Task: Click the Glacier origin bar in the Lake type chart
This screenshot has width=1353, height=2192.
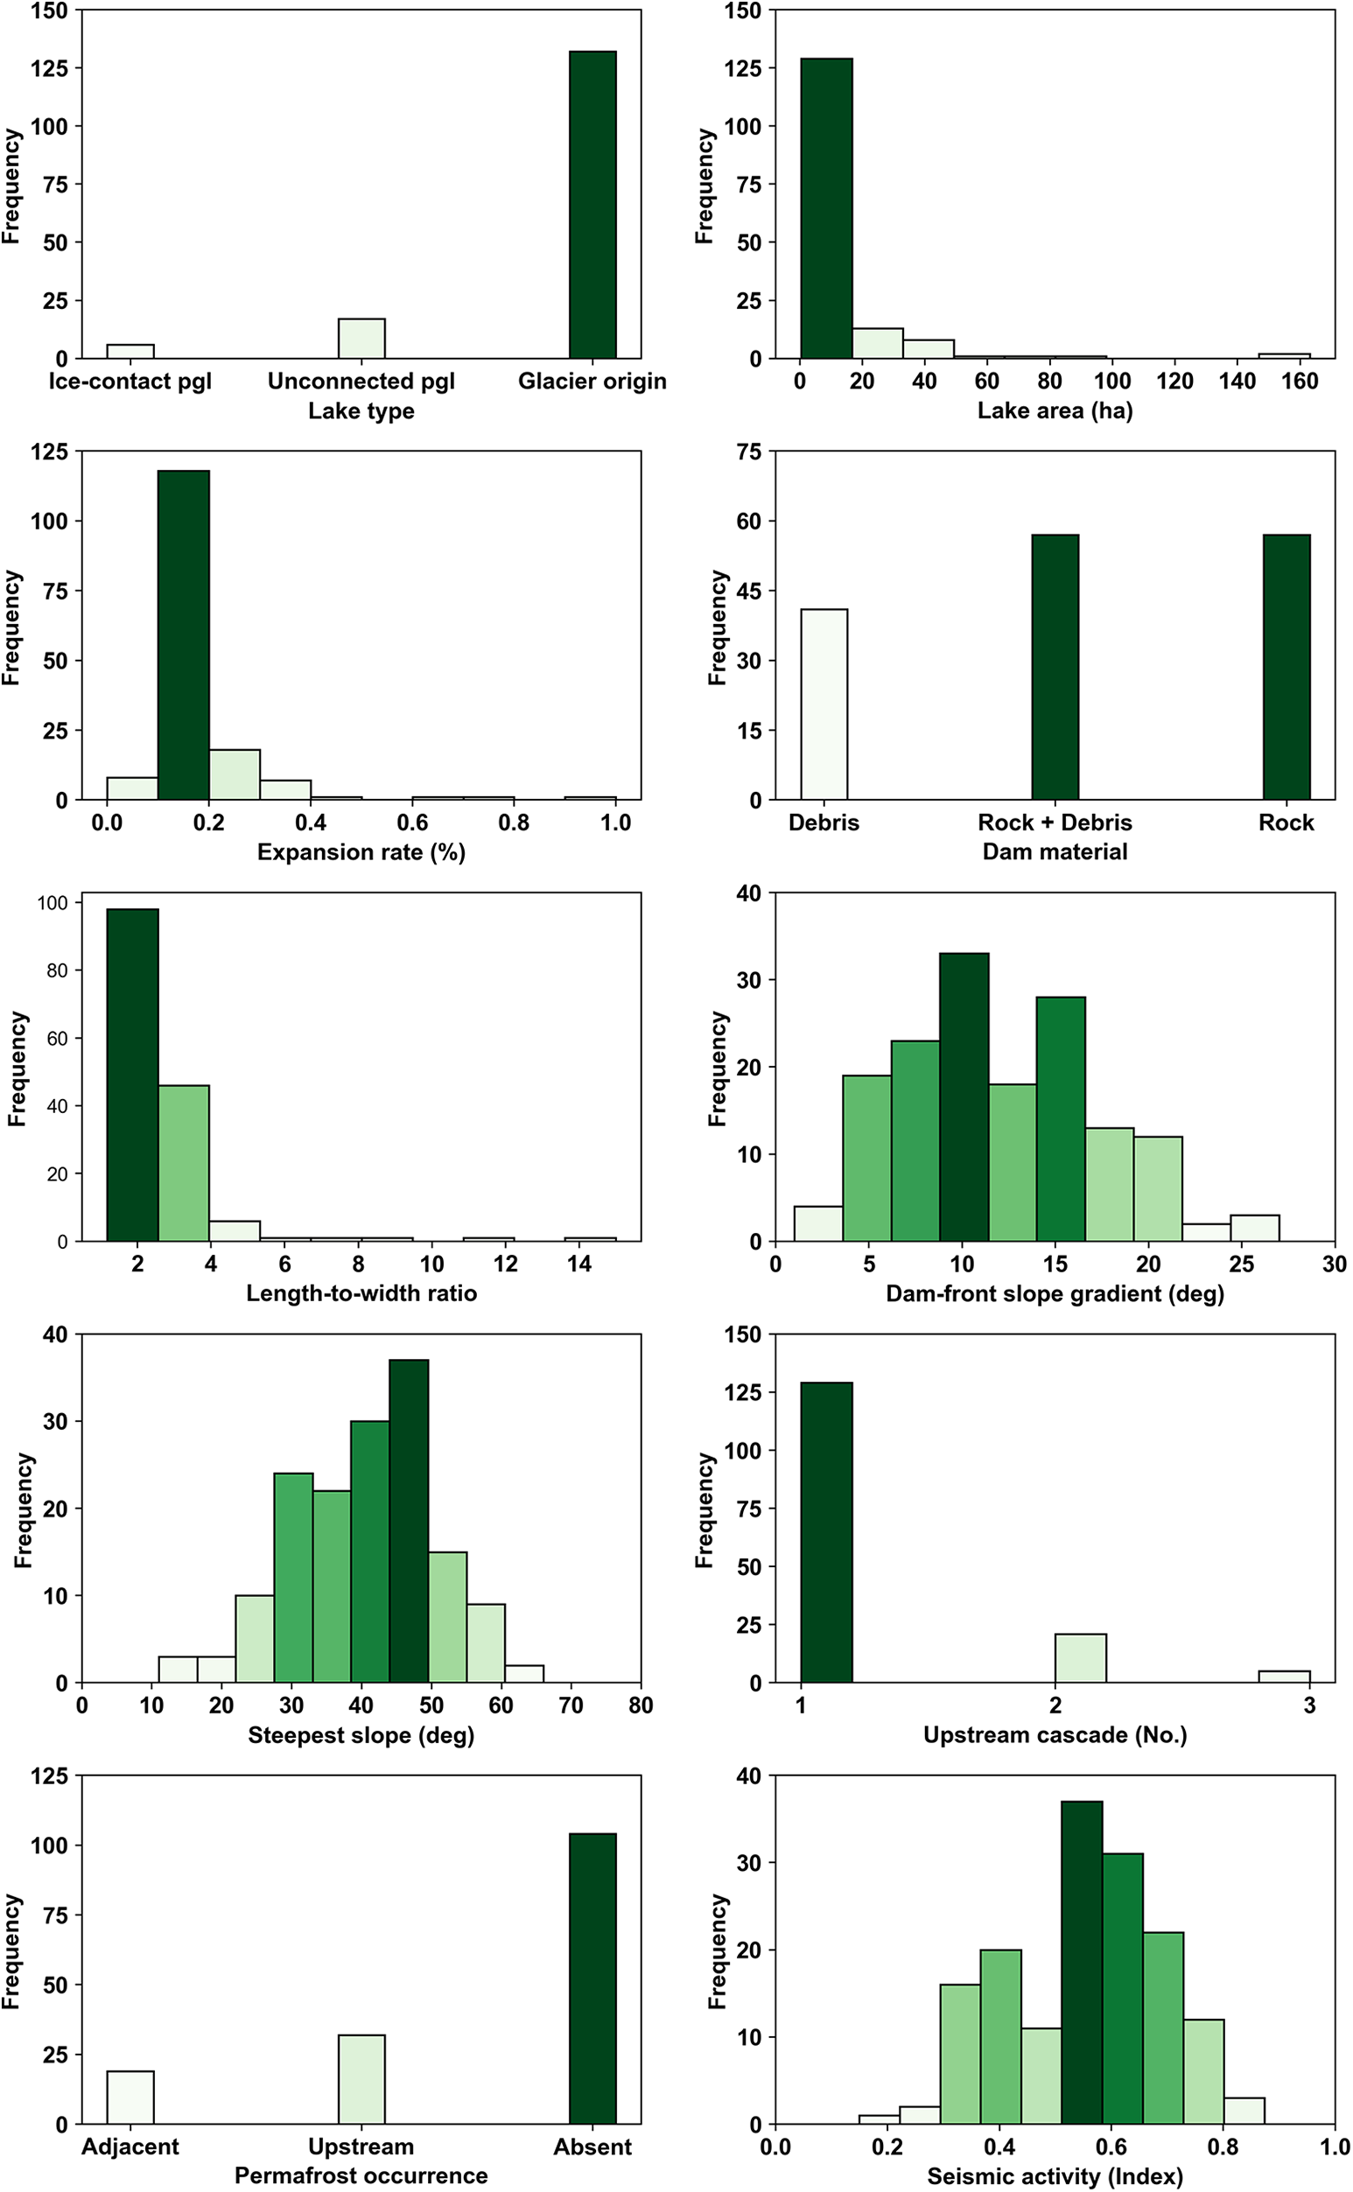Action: tap(592, 205)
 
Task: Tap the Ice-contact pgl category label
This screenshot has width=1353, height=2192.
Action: tap(130, 382)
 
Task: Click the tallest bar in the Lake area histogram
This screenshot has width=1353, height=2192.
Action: tap(826, 208)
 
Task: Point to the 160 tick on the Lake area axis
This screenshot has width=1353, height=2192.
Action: tap(1300, 382)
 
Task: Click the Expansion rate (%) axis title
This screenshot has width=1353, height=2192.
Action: tap(361, 851)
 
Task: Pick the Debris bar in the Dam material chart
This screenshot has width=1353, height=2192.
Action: tap(824, 704)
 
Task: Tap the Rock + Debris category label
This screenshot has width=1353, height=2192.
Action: tap(1055, 823)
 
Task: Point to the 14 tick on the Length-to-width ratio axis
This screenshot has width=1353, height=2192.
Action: tap(579, 1264)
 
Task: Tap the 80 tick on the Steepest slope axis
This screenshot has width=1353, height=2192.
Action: tap(641, 1705)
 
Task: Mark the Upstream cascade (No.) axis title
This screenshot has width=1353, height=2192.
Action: tap(1055, 1735)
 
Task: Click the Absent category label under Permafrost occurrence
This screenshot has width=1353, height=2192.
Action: tap(592, 2146)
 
